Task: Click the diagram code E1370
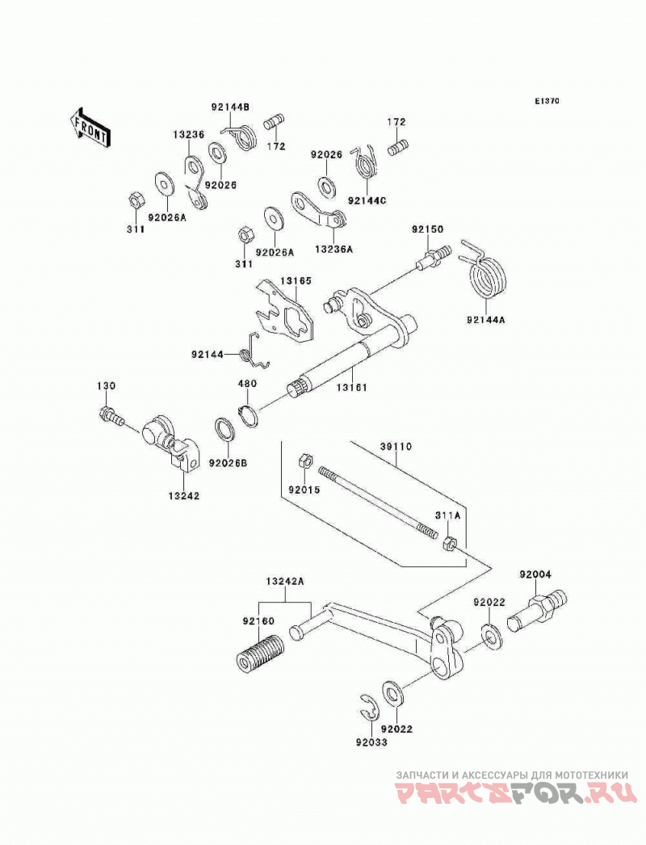pos(547,101)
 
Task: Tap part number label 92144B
pos(230,107)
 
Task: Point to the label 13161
pos(352,387)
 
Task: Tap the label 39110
pos(396,447)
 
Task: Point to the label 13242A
pos(285,582)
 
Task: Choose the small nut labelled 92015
pos(304,462)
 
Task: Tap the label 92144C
pos(367,201)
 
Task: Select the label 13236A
pos(333,250)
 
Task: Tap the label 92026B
pos(229,462)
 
